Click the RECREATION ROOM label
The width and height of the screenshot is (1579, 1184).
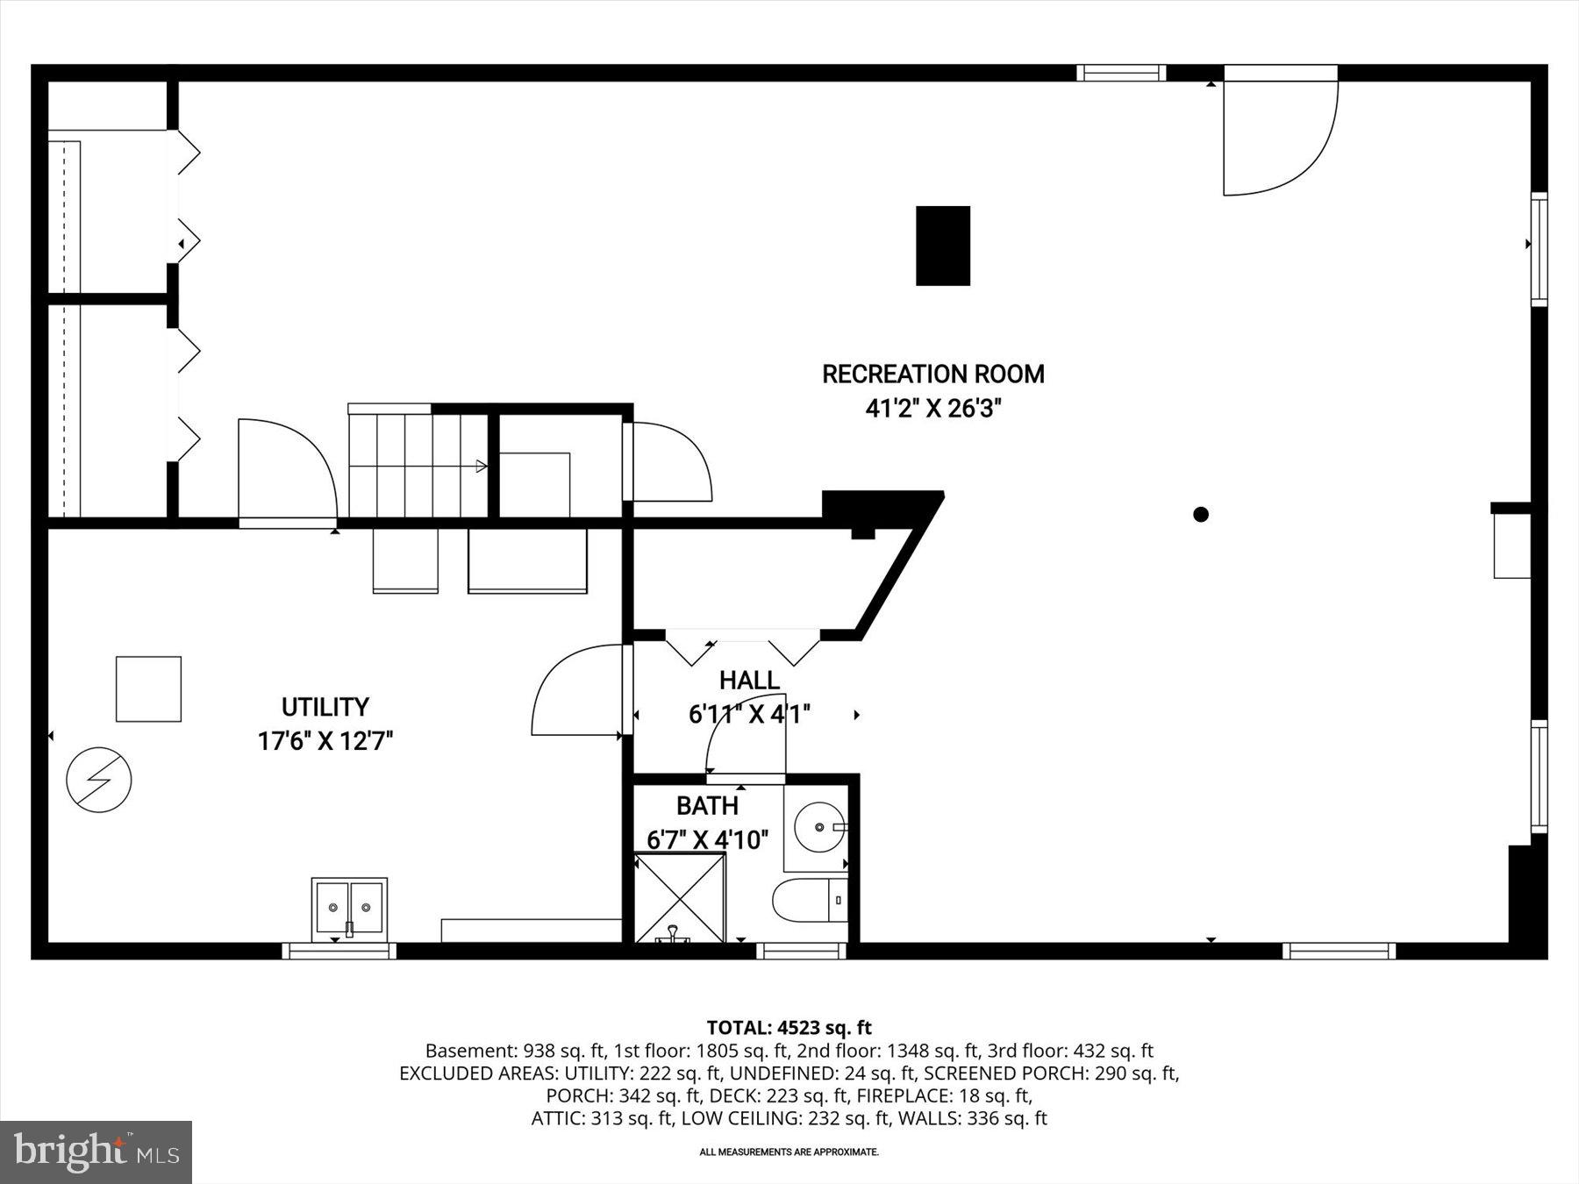[x=932, y=374]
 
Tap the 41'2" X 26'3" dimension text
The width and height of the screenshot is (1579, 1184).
[x=932, y=409]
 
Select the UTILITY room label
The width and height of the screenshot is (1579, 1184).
[x=325, y=707]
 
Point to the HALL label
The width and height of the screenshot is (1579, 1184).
[x=749, y=681]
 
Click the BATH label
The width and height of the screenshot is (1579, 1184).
[x=707, y=806]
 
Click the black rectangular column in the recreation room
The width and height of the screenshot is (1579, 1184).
[x=943, y=246]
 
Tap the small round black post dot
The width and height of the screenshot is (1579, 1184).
[x=1201, y=515]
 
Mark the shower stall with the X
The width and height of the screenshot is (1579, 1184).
[x=680, y=898]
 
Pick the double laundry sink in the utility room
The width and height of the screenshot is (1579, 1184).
[x=349, y=908]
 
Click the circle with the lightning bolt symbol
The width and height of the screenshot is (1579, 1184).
[x=99, y=780]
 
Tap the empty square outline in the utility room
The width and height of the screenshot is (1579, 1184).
[x=148, y=689]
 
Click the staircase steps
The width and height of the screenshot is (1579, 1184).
[x=418, y=466]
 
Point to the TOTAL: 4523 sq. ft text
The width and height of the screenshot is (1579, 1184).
[x=789, y=1028]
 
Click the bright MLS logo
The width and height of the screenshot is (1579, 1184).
[x=96, y=1152]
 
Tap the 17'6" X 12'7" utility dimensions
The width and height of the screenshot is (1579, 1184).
[x=325, y=742]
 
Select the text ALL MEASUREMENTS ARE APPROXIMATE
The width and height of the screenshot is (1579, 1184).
[x=789, y=1152]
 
